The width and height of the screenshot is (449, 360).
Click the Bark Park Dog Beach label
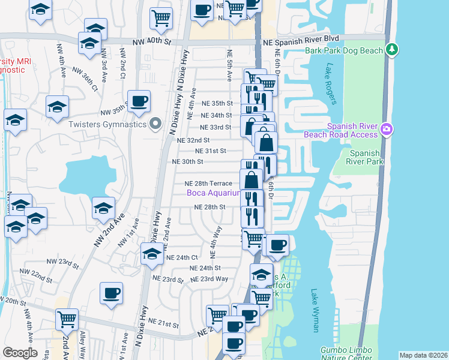click(x=343, y=50)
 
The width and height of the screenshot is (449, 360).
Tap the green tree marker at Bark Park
click(x=393, y=49)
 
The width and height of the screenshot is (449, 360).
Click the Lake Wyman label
click(x=315, y=310)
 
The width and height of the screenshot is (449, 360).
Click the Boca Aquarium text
click(x=213, y=193)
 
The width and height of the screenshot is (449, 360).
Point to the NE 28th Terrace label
click(x=208, y=183)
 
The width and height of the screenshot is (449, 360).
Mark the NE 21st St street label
click(x=167, y=325)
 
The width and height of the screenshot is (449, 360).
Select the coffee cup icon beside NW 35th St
click(x=140, y=101)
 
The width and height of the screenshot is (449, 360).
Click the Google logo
click(x=20, y=353)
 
